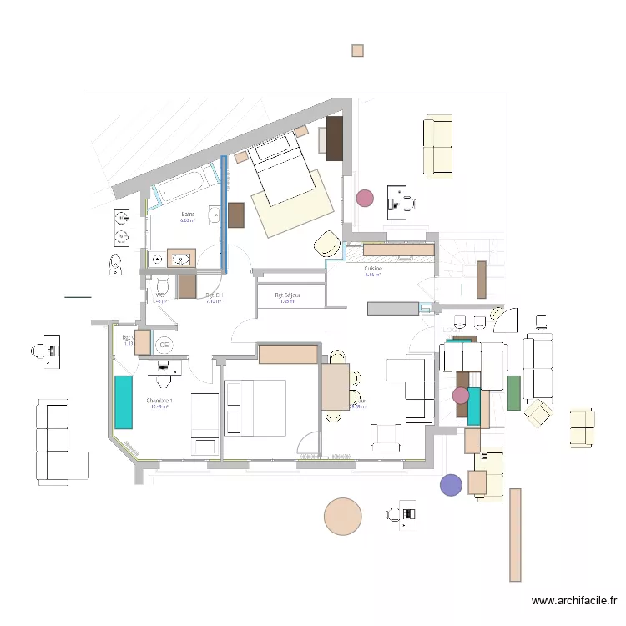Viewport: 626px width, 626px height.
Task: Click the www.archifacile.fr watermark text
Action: click(573, 600)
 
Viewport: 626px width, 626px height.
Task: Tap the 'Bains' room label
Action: click(188, 215)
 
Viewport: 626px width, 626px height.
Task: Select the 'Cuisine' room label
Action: click(373, 269)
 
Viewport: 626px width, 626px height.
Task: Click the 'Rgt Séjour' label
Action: click(288, 295)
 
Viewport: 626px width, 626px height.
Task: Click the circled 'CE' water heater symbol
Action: click(164, 344)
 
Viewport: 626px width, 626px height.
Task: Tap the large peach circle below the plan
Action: click(342, 516)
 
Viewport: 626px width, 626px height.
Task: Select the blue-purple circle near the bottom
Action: click(451, 485)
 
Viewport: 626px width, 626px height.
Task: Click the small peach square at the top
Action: click(358, 50)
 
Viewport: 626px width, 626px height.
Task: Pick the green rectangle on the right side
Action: click(513, 393)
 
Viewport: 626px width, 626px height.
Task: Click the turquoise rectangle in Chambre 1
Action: click(124, 402)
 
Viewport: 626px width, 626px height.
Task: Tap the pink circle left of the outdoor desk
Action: click(365, 198)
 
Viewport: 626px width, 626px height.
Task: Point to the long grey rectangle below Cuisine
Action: click(392, 308)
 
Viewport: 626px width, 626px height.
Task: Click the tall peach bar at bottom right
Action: click(515, 534)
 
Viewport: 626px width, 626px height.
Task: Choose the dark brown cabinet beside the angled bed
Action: click(335, 138)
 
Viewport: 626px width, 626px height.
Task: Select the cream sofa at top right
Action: click(439, 147)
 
